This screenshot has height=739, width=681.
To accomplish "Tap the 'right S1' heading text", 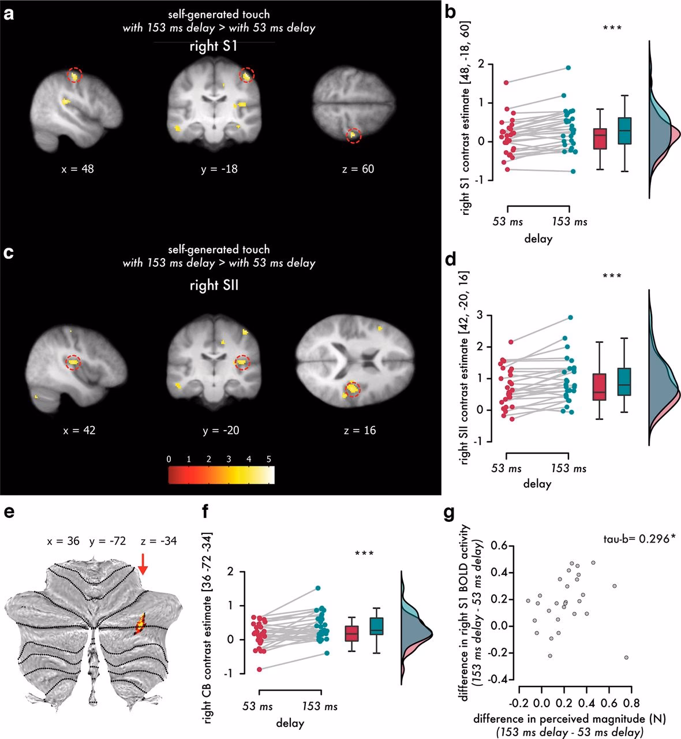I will (x=213, y=47).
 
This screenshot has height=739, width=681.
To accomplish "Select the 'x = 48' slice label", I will (x=78, y=169).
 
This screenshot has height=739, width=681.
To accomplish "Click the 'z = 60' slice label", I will (x=358, y=169).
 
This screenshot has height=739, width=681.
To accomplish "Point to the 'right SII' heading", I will (x=214, y=283).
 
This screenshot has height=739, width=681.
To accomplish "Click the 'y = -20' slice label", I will (x=218, y=430).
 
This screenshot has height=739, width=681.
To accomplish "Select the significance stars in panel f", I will (x=365, y=554).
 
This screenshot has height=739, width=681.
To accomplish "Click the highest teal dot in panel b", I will (x=568, y=68).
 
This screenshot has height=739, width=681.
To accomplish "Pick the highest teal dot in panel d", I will (x=570, y=318).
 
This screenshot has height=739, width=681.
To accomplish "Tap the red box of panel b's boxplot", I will (x=601, y=139).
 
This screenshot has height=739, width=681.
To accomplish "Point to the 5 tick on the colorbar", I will (x=268, y=460).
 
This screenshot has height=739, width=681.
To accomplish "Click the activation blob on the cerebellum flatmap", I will (x=140, y=625).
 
